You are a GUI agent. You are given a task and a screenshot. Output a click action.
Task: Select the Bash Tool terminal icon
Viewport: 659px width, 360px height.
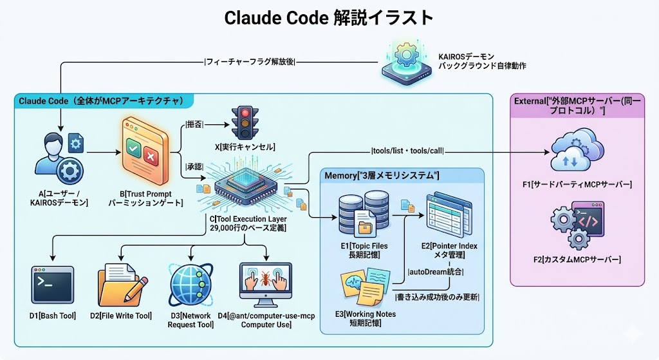[51, 284]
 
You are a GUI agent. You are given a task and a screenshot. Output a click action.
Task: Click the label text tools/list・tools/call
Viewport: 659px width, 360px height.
[407, 151]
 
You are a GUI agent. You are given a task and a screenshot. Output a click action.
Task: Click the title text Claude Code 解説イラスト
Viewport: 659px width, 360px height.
[329, 17]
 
